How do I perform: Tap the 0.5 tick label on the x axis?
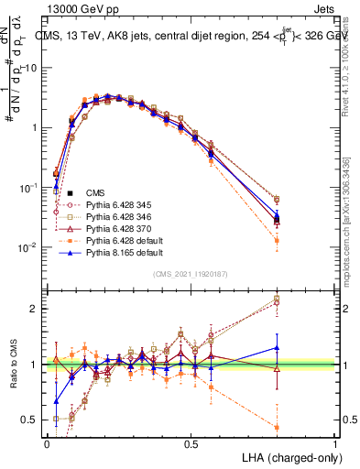tap(191, 443)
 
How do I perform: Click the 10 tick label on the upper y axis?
tap(29, 68)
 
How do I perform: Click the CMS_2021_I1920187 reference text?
tap(192, 274)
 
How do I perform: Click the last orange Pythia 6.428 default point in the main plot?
tap(277, 240)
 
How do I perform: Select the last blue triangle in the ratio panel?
tap(277, 347)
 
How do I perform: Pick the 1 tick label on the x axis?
tap(335, 443)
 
